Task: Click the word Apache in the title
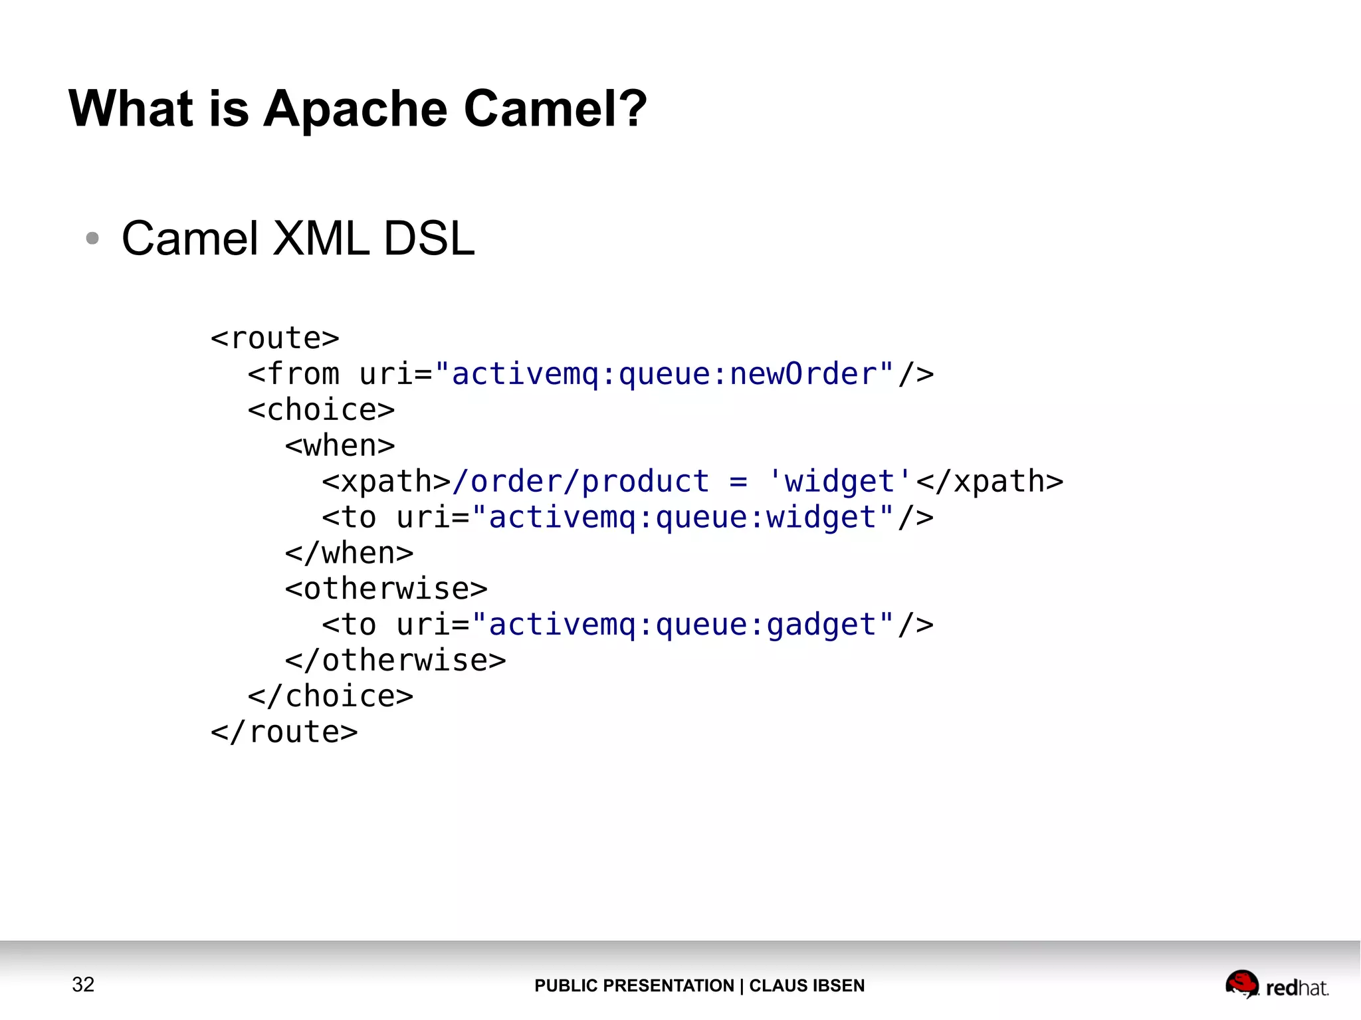[356, 108]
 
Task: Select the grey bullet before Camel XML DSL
[92, 238]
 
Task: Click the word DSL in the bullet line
[429, 238]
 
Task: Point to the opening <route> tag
[274, 338]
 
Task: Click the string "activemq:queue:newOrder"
[664, 374]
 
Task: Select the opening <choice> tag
[321, 410]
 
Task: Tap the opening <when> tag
[340, 446]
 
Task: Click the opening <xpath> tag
[386, 482]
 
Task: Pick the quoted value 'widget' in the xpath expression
[839, 482]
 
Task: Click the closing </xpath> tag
[990, 482]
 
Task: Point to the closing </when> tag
[349, 554]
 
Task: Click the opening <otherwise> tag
[386, 589]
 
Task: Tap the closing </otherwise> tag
[395, 661]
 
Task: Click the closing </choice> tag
[330, 697]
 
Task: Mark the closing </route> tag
[284, 733]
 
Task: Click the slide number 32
[83, 984]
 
